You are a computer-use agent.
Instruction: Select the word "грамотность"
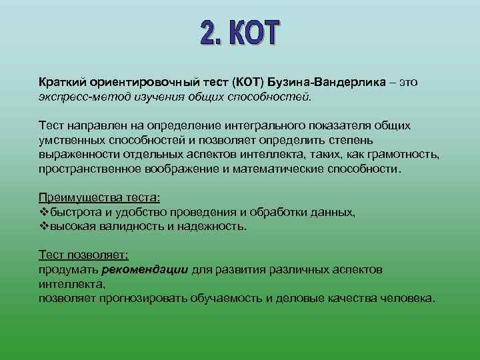point(403,156)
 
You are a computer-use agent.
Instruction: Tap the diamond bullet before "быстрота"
point(44,213)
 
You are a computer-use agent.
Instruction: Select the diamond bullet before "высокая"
point(44,226)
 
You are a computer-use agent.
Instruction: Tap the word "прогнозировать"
point(144,298)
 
